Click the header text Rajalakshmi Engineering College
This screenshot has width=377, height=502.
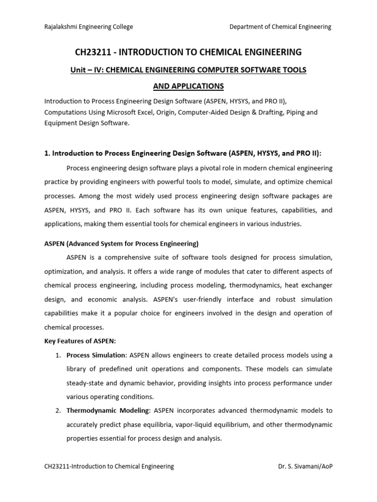point(88,27)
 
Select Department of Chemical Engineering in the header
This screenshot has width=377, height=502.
point(280,27)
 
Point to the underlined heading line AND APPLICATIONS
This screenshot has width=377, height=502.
point(188,86)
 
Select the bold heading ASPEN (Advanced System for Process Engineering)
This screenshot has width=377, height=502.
point(121,244)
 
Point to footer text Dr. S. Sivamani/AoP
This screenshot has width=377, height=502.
point(305,466)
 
